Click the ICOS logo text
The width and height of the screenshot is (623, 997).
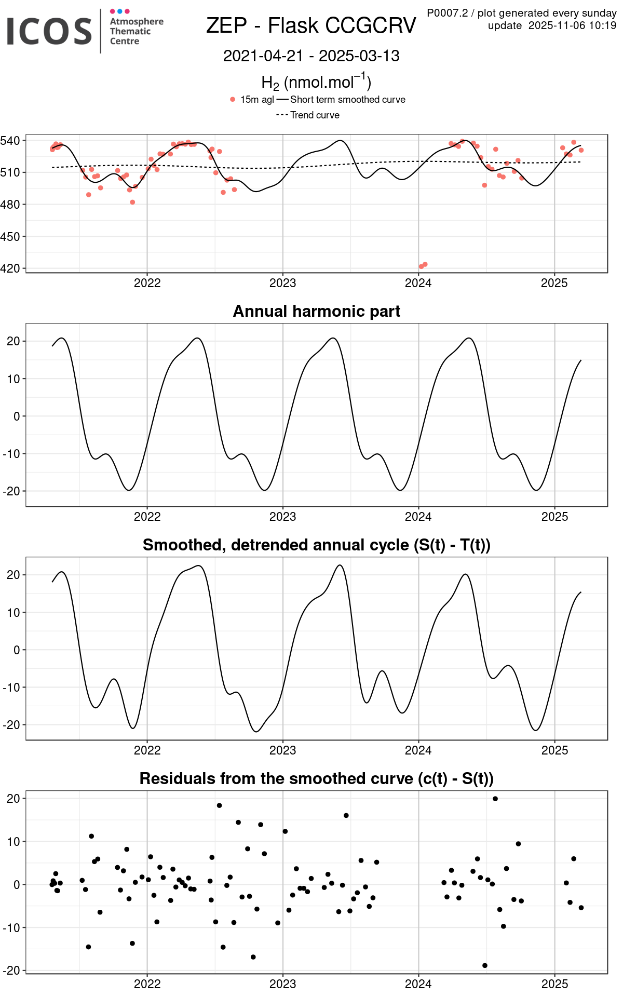pyautogui.click(x=49, y=31)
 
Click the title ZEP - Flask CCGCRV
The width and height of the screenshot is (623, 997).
pyautogui.click(x=311, y=25)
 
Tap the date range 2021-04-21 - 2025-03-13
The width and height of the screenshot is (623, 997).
pyautogui.click(x=311, y=56)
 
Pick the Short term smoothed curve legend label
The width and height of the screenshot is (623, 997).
pyautogui.click(x=347, y=100)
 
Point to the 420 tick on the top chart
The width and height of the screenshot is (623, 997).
pyautogui.click(x=10, y=268)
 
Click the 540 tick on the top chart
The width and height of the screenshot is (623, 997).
pyautogui.click(x=10, y=141)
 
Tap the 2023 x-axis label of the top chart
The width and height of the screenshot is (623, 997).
pyautogui.click(x=282, y=283)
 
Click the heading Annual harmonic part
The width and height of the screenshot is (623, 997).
pyautogui.click(x=316, y=311)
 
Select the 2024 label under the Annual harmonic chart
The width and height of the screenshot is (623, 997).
pyautogui.click(x=418, y=517)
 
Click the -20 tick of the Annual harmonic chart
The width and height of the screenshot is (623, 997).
pyautogui.click(x=12, y=491)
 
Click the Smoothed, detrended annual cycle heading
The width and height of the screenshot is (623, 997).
pyautogui.click(x=316, y=545)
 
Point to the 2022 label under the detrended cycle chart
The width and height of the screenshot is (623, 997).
pyautogui.click(x=147, y=750)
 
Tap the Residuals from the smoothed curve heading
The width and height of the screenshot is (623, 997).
pyautogui.click(x=316, y=778)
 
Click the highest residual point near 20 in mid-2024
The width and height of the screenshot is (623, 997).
pyautogui.click(x=495, y=799)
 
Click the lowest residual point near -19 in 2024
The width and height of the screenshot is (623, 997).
pyautogui.click(x=485, y=965)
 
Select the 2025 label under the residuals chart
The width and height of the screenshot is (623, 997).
pyautogui.click(x=554, y=984)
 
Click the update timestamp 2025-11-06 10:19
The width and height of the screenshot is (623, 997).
pyautogui.click(x=572, y=25)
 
